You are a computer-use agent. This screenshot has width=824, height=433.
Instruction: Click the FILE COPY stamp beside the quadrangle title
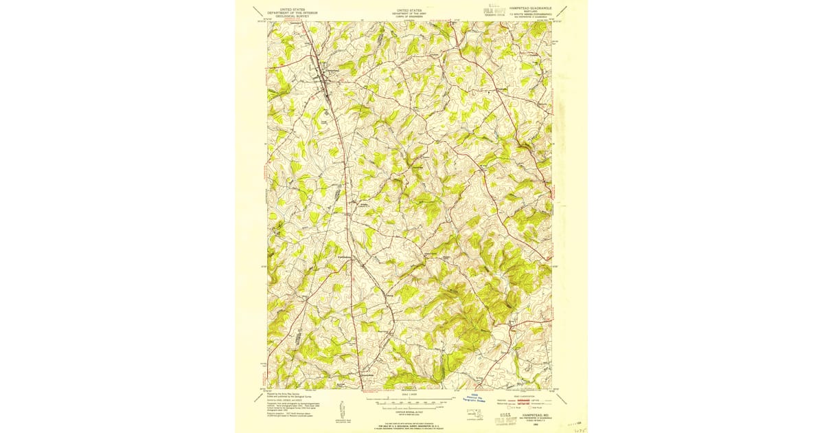pyautogui.click(x=488, y=9)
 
